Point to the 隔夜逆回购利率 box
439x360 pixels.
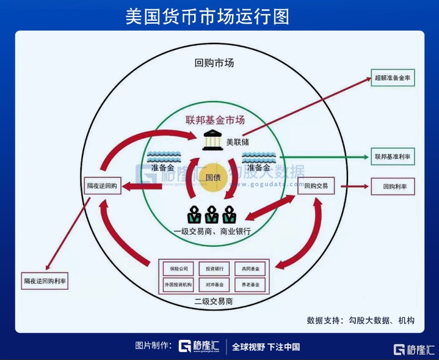click(x=45, y=281)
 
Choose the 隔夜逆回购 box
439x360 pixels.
click(x=103, y=185)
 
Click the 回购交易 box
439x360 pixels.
click(x=316, y=185)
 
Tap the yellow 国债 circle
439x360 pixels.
click(x=213, y=177)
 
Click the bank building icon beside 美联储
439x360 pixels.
click(x=213, y=139)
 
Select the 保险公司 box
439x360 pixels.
click(x=178, y=268)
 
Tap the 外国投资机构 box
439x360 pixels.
click(x=178, y=285)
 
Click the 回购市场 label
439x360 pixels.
click(x=214, y=63)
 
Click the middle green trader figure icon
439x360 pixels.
click(x=212, y=215)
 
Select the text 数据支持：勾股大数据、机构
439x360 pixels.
click(x=360, y=320)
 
